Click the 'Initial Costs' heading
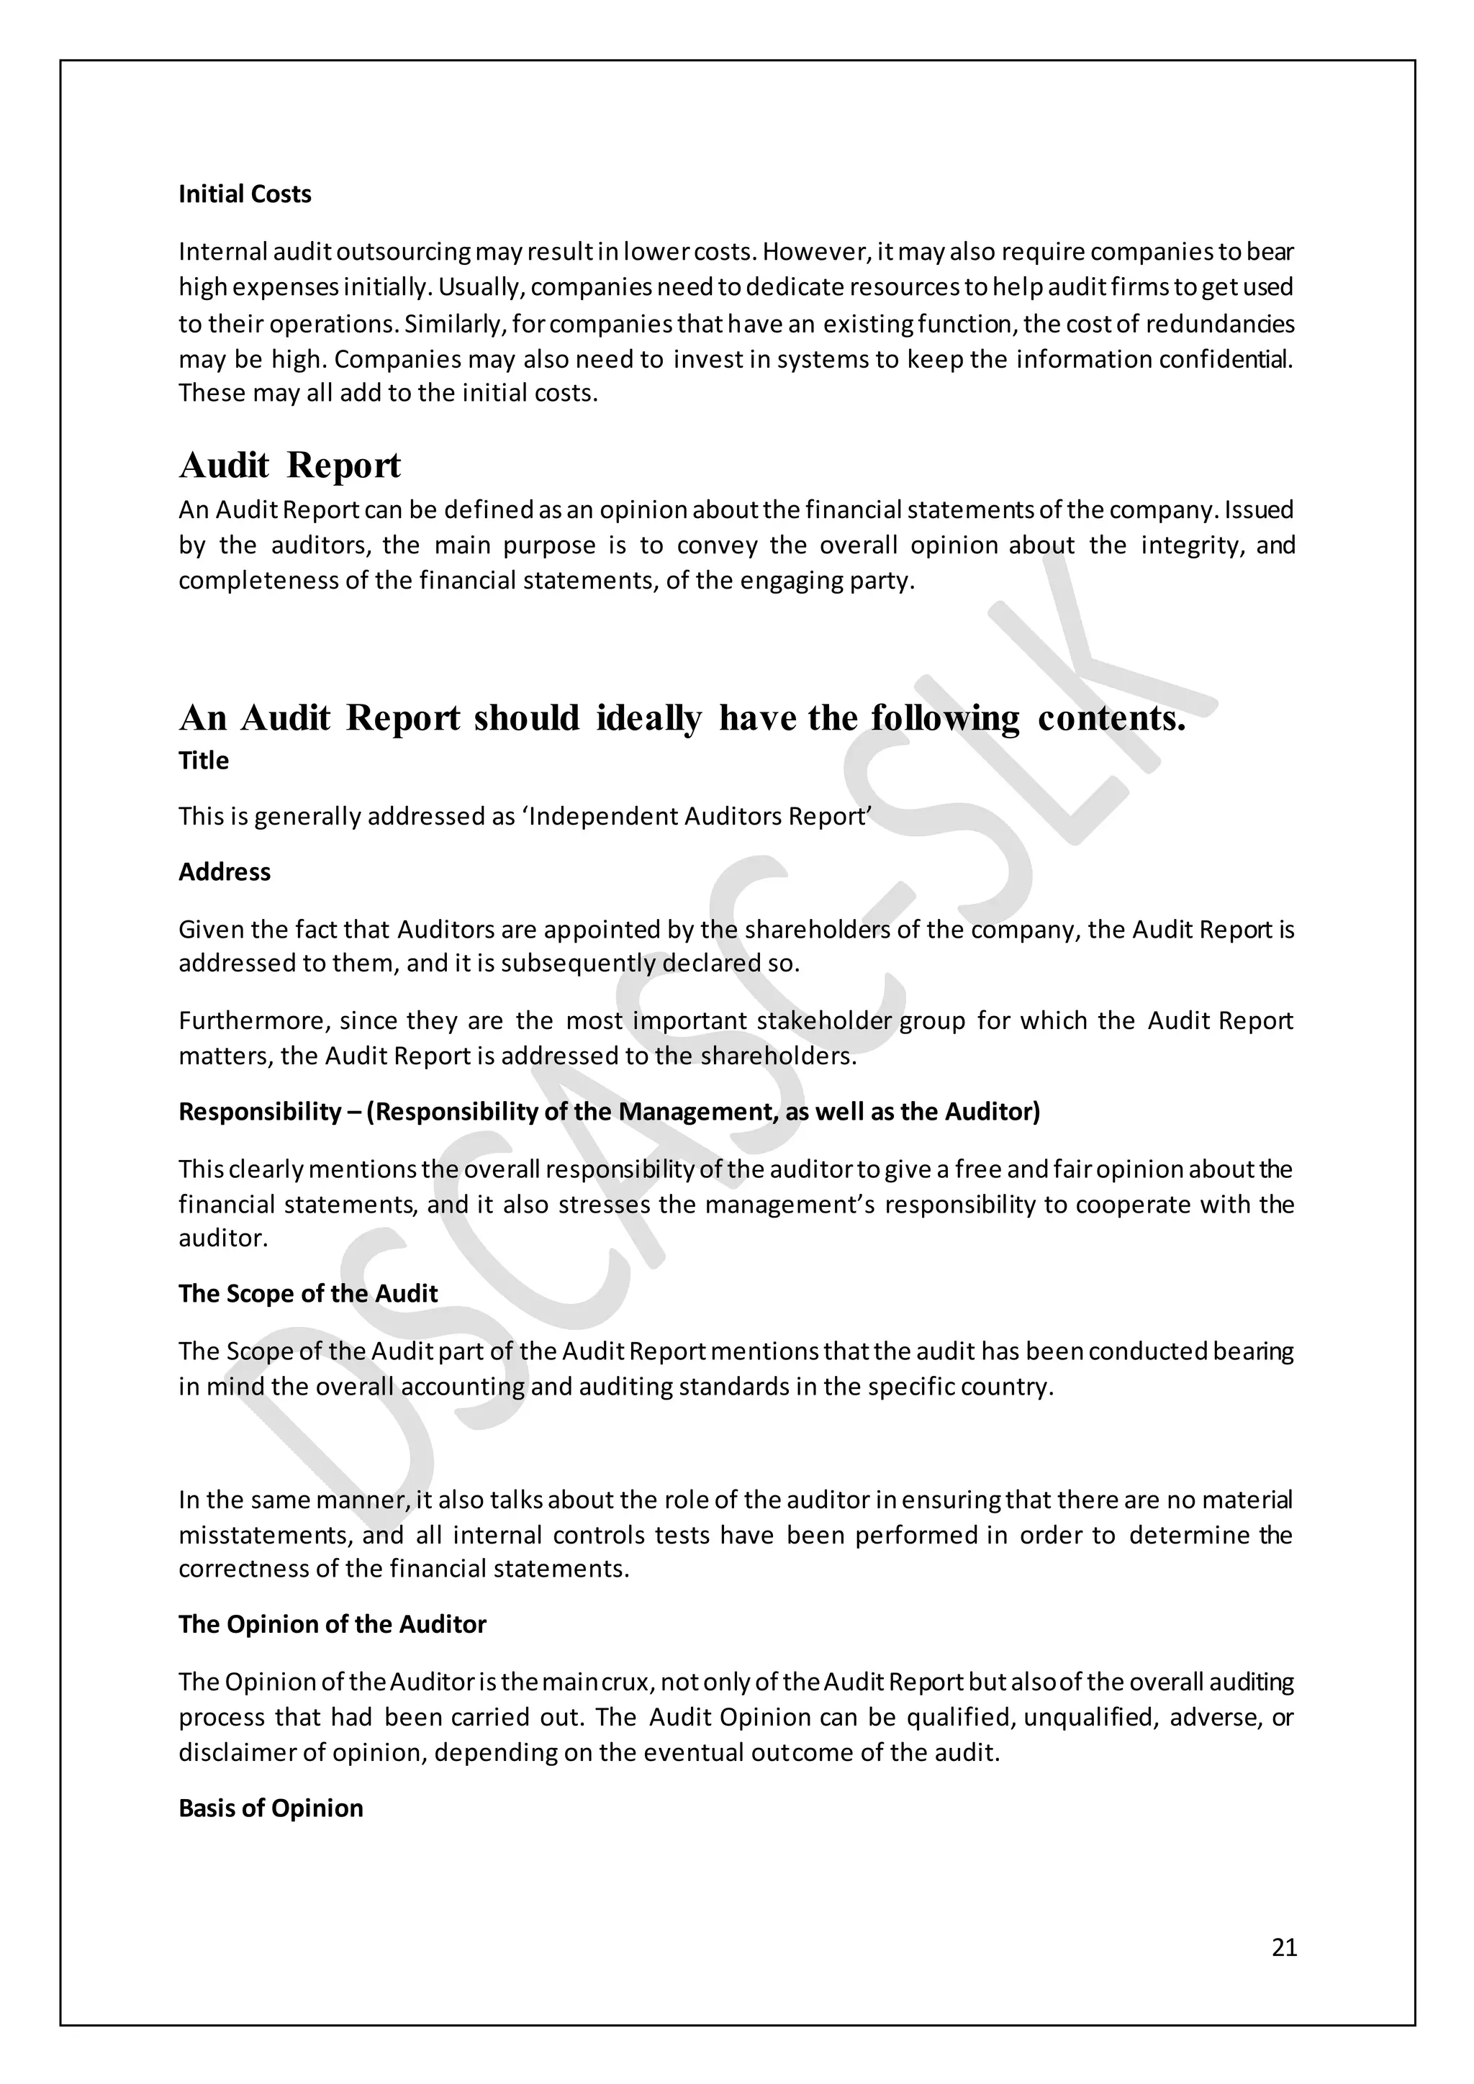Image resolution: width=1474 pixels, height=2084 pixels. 244,194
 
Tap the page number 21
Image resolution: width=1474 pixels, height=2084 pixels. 1284,1948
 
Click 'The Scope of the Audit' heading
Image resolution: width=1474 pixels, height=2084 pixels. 308,1293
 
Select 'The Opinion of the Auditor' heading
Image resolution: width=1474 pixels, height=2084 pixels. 333,1624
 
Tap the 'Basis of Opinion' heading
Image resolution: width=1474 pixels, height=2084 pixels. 271,1808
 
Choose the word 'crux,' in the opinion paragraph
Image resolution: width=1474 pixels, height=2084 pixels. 626,1682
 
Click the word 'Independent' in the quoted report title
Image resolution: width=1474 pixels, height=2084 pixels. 602,816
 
